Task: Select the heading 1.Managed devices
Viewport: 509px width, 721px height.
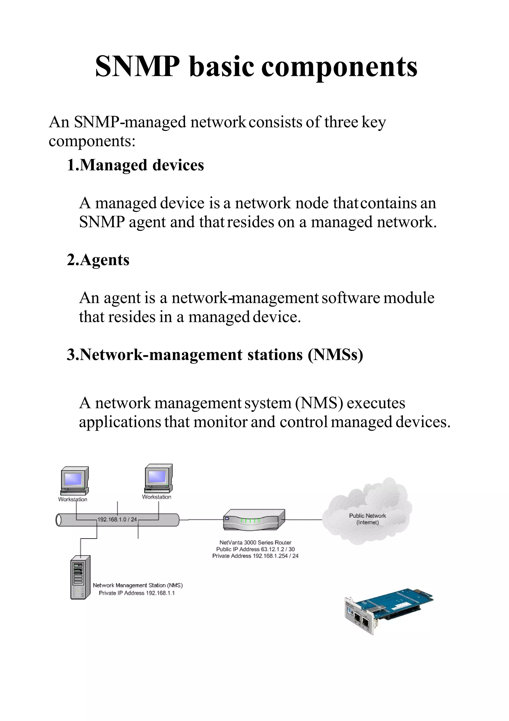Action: point(135,165)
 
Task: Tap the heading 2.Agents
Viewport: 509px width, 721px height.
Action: point(98,260)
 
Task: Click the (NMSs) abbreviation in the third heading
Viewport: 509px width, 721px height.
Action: point(335,355)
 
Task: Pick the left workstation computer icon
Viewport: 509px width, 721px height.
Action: point(74,480)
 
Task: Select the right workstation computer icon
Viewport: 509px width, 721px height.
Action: point(158,478)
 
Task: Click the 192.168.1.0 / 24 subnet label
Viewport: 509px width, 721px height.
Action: point(117,519)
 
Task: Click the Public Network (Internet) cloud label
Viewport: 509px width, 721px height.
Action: point(367,519)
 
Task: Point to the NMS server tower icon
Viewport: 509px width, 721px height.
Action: point(80,577)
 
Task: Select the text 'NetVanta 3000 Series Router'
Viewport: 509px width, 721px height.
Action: point(255,542)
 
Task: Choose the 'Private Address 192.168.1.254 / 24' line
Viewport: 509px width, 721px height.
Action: point(255,556)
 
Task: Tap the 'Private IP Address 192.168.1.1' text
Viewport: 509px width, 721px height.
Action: point(137,593)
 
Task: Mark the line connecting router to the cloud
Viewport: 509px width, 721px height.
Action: point(303,520)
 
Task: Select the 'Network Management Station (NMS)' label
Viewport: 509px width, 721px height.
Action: point(138,585)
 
